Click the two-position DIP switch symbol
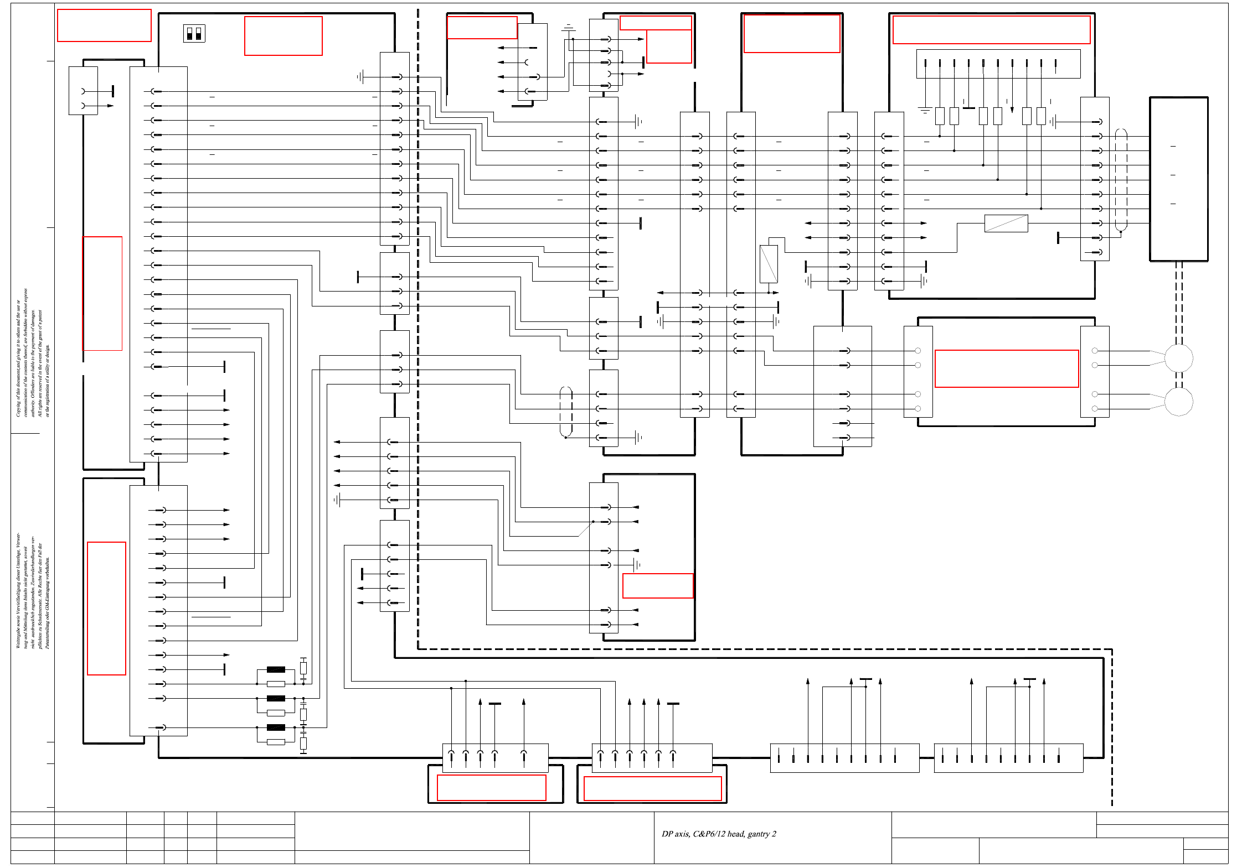click(x=194, y=34)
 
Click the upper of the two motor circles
click(x=1178, y=358)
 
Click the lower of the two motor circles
click(x=1178, y=402)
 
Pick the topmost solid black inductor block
click(x=276, y=669)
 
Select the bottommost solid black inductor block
click(x=276, y=727)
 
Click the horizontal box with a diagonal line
click(x=1006, y=224)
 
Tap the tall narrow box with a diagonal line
click(x=769, y=264)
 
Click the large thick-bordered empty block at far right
click(x=1178, y=179)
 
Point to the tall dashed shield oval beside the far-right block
click(x=1121, y=180)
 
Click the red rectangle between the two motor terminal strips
click(x=1007, y=368)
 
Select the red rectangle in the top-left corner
click(x=104, y=25)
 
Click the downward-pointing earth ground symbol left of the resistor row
click(x=925, y=110)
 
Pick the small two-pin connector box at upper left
click(x=83, y=91)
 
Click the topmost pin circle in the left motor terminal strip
click(x=918, y=351)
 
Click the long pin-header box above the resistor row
click(x=998, y=64)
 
